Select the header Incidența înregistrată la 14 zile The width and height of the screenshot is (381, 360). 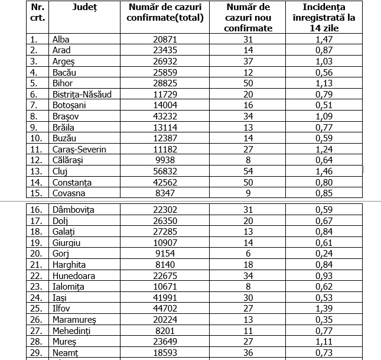[x=328, y=17]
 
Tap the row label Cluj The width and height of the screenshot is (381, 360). [x=60, y=171]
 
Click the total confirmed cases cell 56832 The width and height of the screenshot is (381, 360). [x=165, y=171]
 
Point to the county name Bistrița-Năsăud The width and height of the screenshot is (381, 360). [x=82, y=94]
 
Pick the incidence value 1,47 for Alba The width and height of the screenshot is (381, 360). [x=328, y=40]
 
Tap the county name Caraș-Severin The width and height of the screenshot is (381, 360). [x=79, y=150]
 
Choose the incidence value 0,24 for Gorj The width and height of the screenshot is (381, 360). [x=328, y=254]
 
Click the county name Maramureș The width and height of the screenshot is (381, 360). [x=74, y=320]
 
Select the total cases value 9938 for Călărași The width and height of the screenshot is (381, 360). [x=165, y=160]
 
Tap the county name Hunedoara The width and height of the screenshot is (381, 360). [x=74, y=275]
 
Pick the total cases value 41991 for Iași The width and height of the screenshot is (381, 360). [x=165, y=297]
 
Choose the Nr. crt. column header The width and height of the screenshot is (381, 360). [x=37, y=12]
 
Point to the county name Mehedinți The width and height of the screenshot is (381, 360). [x=73, y=330]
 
